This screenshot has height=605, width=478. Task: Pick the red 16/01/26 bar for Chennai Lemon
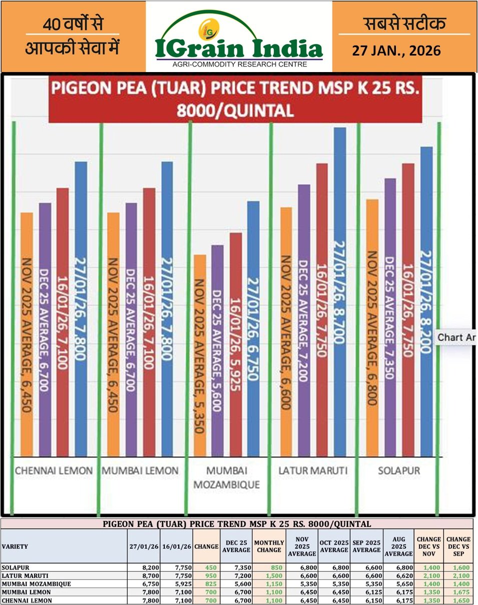coord(62,320)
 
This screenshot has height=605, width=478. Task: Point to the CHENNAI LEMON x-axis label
coord(54,471)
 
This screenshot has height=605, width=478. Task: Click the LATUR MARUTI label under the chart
coord(313,471)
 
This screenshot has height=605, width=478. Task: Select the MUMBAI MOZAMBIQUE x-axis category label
coord(226,478)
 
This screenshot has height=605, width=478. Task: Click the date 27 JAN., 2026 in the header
coord(396,51)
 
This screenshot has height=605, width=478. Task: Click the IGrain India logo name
coord(239,49)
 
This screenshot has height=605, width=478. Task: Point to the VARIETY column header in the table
coord(15,546)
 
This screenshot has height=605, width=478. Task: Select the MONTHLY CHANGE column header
coord(269,546)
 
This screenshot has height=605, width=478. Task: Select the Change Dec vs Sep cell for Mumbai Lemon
coord(458,591)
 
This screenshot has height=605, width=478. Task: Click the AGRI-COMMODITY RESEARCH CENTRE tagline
coord(239,64)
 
